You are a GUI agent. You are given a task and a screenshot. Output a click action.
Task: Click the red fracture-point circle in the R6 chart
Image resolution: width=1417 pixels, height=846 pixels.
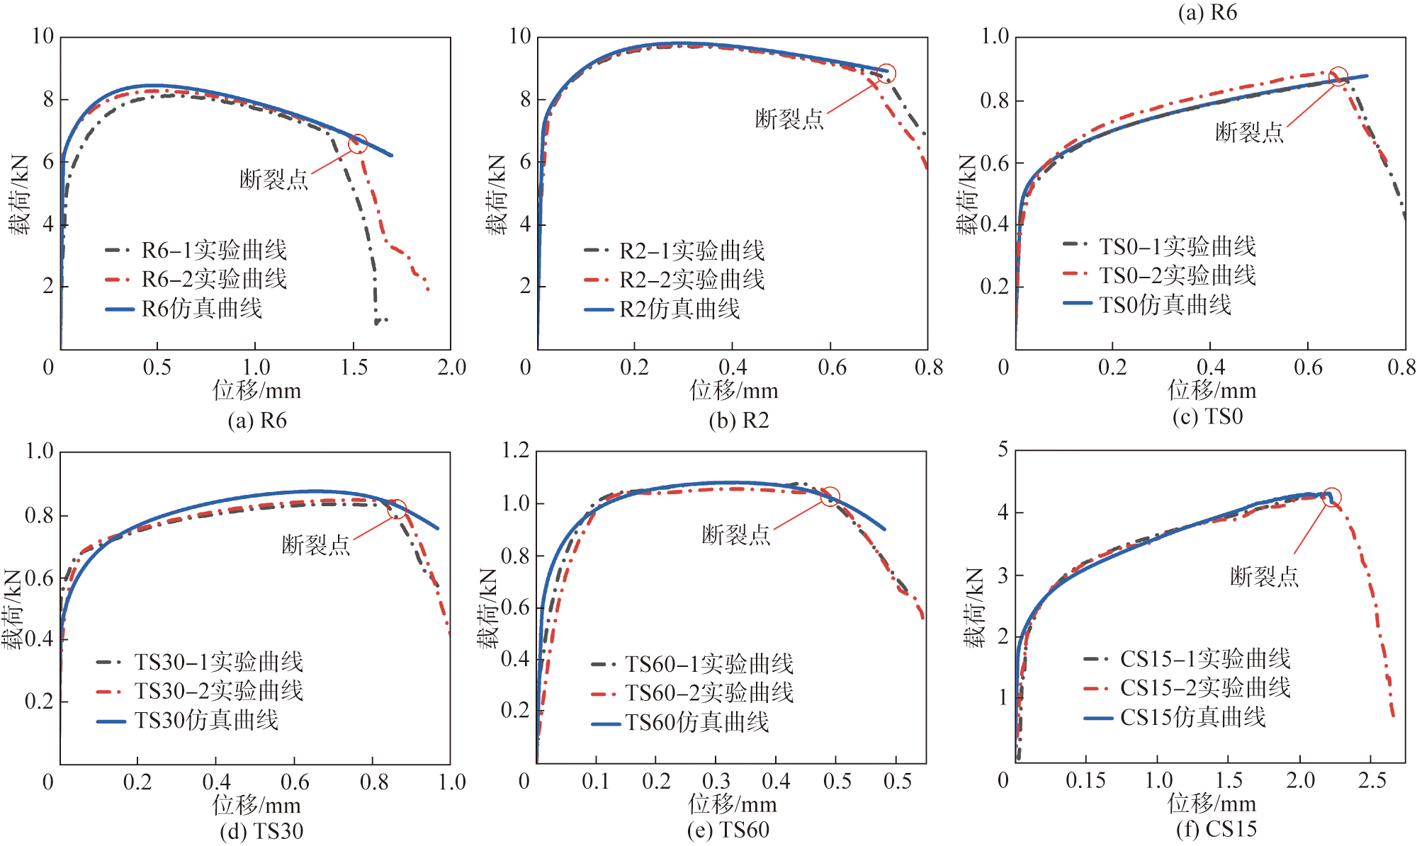point(359,144)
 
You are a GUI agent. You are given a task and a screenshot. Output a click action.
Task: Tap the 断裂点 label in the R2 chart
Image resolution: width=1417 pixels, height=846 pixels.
point(789,119)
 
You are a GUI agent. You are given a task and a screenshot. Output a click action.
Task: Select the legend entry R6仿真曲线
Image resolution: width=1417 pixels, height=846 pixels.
point(202,309)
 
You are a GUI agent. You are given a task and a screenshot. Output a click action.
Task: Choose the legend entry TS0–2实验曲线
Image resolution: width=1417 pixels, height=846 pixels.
point(1177,275)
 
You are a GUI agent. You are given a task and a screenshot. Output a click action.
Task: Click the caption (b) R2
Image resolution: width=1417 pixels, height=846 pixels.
point(738,421)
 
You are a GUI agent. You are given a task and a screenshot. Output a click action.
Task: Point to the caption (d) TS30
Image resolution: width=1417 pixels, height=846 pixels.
point(261,830)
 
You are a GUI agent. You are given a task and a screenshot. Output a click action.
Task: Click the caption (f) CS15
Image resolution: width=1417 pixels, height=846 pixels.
point(1216,828)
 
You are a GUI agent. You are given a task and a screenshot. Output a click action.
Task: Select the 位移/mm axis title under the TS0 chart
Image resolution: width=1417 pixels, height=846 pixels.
point(1212,390)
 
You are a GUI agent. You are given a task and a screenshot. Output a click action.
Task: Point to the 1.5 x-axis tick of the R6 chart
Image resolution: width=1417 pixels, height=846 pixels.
point(354,367)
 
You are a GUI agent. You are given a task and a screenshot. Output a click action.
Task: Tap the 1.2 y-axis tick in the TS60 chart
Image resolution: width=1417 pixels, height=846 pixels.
point(515,450)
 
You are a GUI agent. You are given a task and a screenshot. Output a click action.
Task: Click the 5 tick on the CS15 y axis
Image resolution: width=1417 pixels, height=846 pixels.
point(1003,450)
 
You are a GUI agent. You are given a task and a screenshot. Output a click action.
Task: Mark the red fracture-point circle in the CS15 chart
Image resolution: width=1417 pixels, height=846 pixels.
point(1332,497)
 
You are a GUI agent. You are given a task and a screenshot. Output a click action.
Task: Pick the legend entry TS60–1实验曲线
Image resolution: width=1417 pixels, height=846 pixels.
point(708,664)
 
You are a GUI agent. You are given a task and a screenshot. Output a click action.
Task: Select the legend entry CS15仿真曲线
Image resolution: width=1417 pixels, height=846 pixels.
point(1192,717)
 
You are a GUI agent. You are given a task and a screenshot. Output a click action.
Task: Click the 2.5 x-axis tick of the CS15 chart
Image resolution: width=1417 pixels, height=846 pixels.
point(1372,781)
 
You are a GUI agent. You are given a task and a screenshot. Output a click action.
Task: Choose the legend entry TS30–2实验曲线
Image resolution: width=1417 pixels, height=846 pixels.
point(218,691)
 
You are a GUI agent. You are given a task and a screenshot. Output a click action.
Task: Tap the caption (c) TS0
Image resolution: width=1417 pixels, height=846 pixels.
point(1207,416)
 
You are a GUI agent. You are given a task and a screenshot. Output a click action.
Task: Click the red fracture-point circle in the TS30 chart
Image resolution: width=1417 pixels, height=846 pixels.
point(397,509)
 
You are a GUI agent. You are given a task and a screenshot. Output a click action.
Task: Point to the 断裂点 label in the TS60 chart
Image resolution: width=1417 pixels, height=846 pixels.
point(735,535)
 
